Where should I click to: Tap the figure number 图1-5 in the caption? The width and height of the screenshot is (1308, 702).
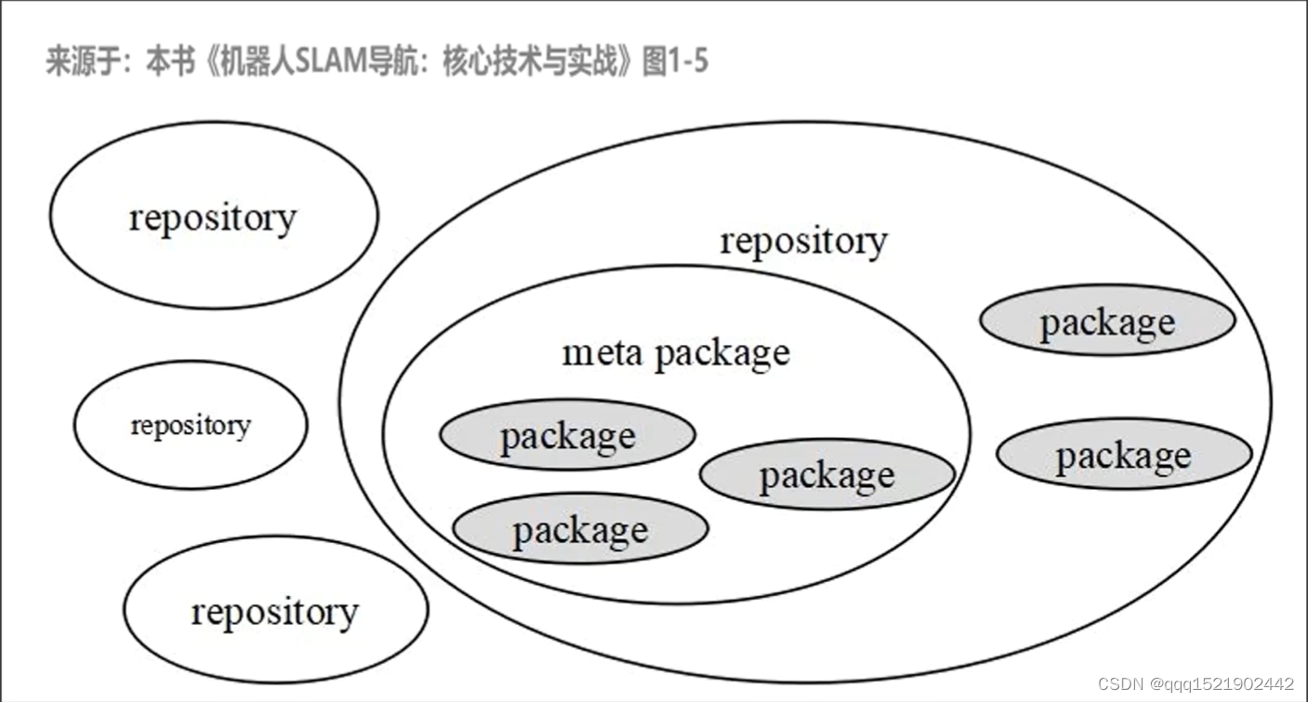pos(675,62)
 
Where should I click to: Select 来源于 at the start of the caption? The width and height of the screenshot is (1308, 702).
pos(83,62)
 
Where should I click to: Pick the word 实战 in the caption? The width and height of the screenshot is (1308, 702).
pos(594,62)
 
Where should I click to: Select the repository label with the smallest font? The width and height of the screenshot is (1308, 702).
pos(191,426)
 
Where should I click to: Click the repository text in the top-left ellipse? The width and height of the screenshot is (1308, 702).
pos(212,218)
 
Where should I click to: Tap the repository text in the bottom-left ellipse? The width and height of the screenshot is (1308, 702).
pos(274,612)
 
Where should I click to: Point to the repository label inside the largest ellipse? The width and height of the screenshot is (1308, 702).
pos(803,240)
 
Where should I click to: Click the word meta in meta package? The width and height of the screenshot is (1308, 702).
pos(603,353)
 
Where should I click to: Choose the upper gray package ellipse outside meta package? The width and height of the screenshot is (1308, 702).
pos(1106,321)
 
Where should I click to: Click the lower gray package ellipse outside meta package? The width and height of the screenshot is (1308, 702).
pos(1123,454)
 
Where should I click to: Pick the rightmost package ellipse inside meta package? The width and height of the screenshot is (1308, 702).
pos(826,475)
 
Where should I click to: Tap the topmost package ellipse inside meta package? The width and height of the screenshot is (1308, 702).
pos(567,435)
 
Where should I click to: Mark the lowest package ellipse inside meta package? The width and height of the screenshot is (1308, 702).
pos(580,529)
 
